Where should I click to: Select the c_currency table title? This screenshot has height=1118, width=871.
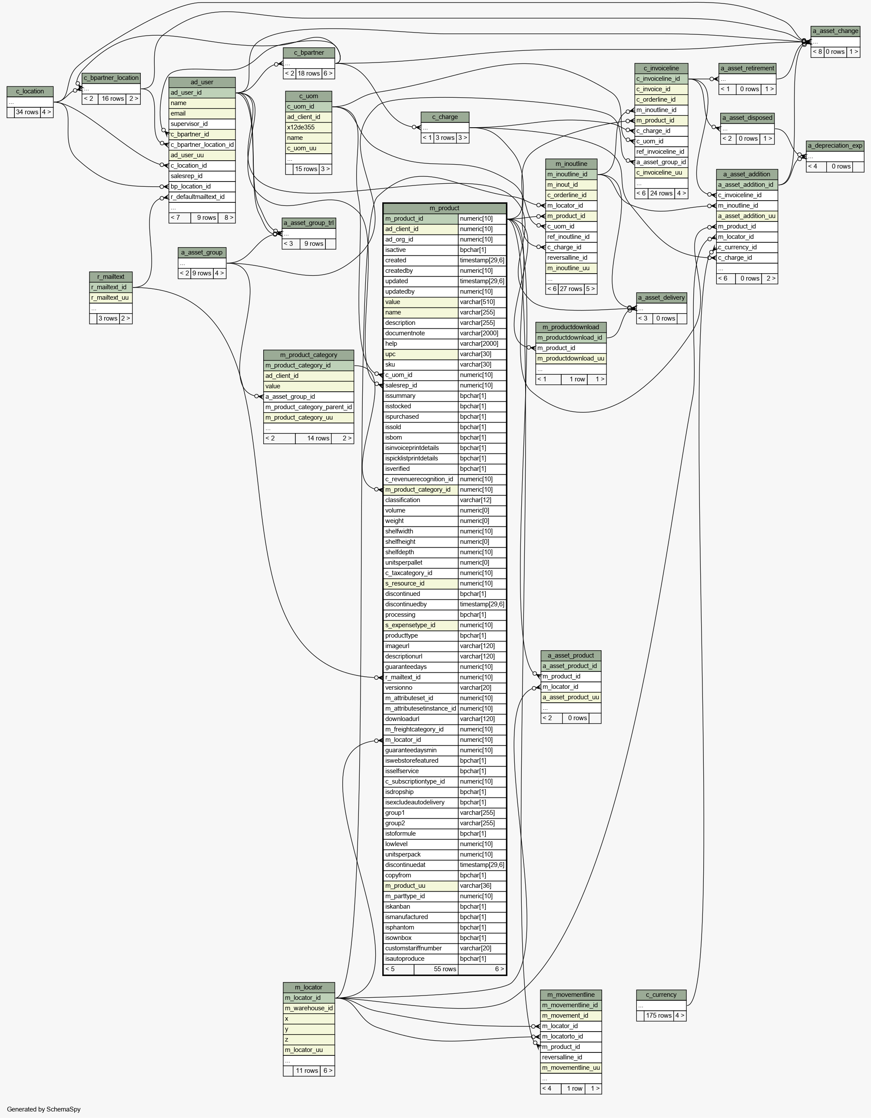click(x=661, y=995)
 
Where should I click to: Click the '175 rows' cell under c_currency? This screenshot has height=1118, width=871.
click(x=658, y=1015)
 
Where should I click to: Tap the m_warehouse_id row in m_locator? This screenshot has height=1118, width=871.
click(x=309, y=1009)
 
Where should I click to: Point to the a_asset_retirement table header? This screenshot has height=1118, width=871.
click(x=748, y=69)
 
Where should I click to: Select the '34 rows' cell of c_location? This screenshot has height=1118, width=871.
click(x=27, y=112)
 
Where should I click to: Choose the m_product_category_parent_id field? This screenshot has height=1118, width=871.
click(x=308, y=407)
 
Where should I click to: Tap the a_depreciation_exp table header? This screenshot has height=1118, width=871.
click(x=835, y=146)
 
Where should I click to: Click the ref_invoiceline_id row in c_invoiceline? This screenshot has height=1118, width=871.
click(x=661, y=152)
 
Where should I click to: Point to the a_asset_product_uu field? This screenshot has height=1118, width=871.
click(x=571, y=698)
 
